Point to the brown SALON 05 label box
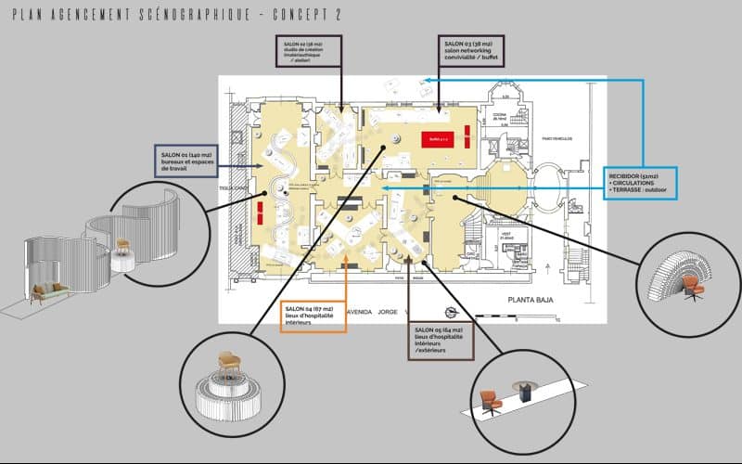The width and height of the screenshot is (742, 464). point(440,341)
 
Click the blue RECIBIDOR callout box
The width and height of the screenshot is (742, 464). point(641,183)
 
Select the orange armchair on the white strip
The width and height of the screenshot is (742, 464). point(491,401)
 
